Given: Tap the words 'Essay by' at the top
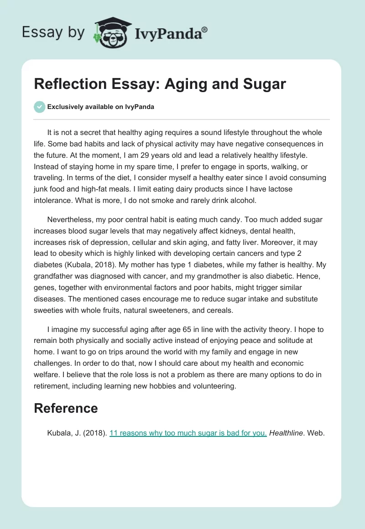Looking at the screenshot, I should (x=53, y=32).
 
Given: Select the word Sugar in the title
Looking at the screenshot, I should (x=266, y=84).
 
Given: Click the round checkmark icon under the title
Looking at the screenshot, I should (x=40, y=107).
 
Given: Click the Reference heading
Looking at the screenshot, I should (x=66, y=408).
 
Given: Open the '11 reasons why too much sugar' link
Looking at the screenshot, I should (x=188, y=433).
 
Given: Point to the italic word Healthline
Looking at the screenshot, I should (x=286, y=433).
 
